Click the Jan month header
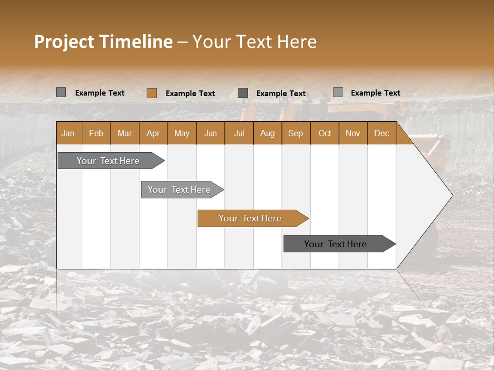pos(68,133)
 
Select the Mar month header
pos(125,133)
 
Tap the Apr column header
pos(153,133)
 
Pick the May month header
pos(182,133)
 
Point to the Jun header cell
pos(210,133)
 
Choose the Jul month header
pos(239,133)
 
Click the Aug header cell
pos(267,133)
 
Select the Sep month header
pos(295,133)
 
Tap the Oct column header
pos(325,133)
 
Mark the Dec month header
pos(381,133)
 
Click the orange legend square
pos(151,93)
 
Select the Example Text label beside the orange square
pos(190,94)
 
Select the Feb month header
pos(96,133)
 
